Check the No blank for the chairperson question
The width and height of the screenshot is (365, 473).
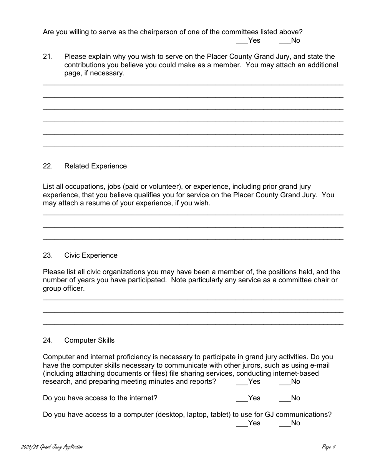tap(284, 41)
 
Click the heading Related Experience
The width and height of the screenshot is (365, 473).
tap(95, 166)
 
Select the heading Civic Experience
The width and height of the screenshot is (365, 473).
tap(91, 255)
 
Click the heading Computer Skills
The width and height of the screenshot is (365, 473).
tap(89, 340)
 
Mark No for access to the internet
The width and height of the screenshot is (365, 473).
tap(284, 398)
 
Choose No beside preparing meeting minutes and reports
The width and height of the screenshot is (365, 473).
tap(284, 382)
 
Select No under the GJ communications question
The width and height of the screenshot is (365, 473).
tap(284, 423)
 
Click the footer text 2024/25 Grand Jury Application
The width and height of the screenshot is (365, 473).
tap(52, 447)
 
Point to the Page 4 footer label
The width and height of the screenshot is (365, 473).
tap(329, 447)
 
